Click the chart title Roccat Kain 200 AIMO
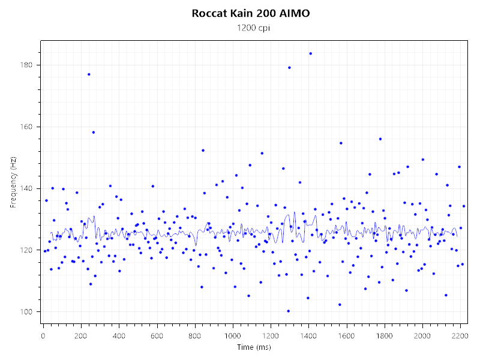point(251,13)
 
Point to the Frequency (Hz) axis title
point(13,181)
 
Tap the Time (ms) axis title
point(251,347)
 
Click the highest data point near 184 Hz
point(310,53)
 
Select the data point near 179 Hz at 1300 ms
point(289,68)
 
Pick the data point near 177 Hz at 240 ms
point(89,74)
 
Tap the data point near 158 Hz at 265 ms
point(94,132)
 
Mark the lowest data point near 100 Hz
point(289,311)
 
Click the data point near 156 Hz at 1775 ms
point(380,139)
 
